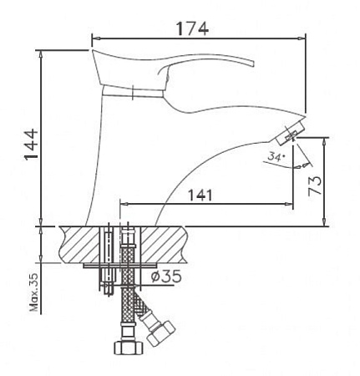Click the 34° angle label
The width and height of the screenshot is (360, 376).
coord(276,156)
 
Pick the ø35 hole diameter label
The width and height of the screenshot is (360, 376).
coord(168,277)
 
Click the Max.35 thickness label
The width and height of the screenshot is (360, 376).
coord(34,292)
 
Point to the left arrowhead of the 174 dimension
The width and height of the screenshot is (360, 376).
coord(94,38)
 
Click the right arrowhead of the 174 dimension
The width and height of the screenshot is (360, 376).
coord(303,38)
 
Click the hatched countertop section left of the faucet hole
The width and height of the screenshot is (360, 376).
coord(75,244)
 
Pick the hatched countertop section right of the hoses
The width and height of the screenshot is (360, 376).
coord(167,244)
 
